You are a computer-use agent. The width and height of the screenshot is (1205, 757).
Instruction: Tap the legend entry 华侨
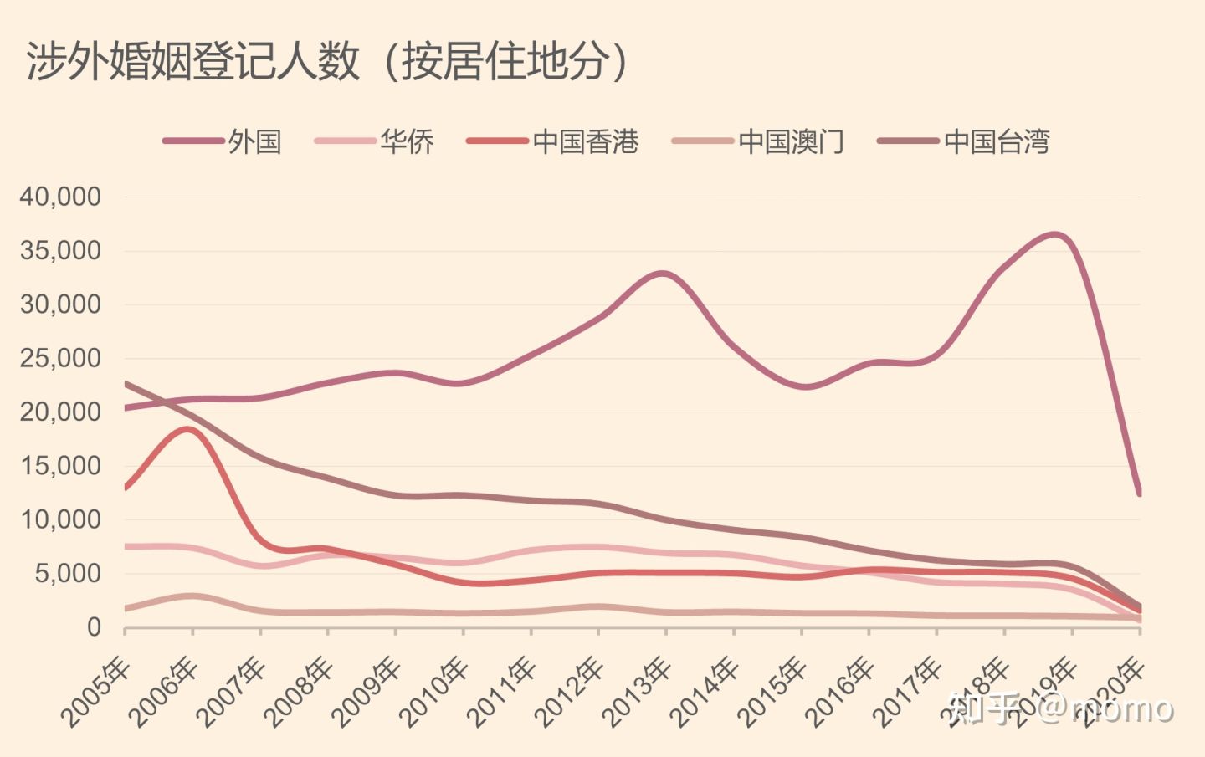407,141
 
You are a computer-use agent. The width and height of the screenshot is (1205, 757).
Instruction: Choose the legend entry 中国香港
585,141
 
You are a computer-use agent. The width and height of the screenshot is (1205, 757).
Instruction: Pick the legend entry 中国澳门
791,141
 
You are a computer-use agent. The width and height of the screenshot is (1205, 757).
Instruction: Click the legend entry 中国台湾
996,141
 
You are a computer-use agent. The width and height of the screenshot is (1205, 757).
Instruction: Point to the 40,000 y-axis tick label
60,197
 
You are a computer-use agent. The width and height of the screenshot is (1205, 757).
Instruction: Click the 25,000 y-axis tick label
60,359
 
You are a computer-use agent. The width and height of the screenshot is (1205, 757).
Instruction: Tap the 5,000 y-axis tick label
67,574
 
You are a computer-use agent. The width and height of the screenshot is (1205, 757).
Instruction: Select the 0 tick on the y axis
94,627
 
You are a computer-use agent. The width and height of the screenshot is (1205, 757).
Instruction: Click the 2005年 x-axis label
96,692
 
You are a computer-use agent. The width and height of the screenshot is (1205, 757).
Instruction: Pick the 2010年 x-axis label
434,692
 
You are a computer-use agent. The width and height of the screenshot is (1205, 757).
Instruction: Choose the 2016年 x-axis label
840,692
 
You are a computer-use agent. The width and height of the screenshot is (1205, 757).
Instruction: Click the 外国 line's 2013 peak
663,274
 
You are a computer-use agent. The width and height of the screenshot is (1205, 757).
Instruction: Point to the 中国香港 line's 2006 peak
186,429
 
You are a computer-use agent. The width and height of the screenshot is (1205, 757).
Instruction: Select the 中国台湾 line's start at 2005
126,384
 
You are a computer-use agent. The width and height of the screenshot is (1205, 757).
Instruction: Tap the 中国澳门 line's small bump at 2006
192,596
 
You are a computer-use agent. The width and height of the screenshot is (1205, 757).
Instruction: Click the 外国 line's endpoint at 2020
1139,493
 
